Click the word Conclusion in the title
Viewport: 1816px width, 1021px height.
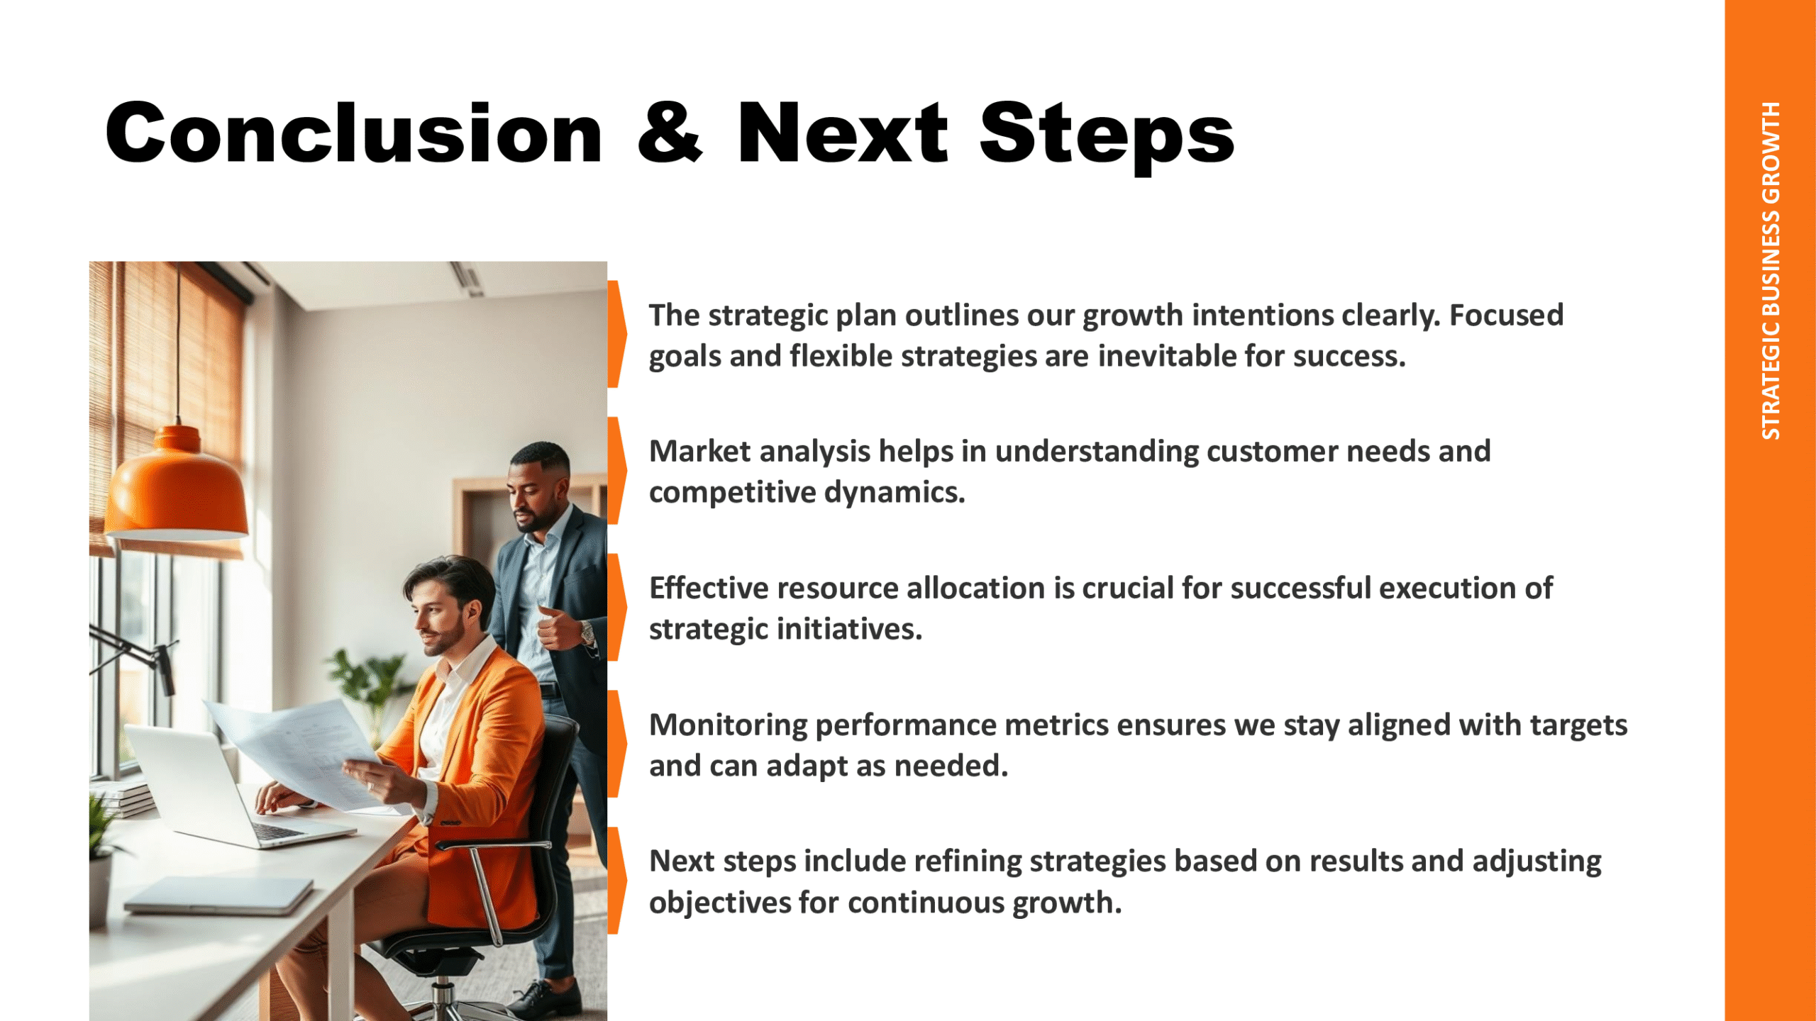coord(354,133)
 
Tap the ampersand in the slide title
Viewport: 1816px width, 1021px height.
coord(670,133)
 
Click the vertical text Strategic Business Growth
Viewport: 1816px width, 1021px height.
coord(1771,270)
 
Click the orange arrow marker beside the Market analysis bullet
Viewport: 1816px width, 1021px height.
coord(616,470)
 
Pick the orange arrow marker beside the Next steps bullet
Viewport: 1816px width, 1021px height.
coord(616,880)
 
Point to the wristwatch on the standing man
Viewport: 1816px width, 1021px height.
coord(587,630)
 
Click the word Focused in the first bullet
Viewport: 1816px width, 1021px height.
coord(1506,315)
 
